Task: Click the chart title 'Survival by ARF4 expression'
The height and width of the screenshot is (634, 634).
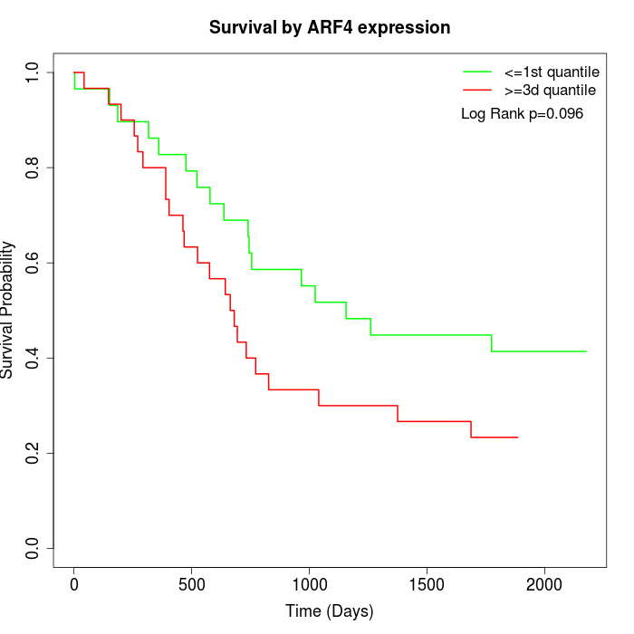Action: point(330,28)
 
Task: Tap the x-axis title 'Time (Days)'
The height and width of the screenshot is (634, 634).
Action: point(329,611)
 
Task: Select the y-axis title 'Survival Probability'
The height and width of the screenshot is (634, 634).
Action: point(8,310)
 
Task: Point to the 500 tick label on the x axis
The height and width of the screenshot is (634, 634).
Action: point(192,584)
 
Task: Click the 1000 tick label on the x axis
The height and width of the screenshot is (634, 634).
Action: point(309,584)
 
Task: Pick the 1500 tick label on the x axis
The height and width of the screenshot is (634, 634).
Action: point(427,584)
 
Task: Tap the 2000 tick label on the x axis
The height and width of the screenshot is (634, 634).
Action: point(544,584)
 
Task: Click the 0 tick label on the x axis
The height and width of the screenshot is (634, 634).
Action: point(74,584)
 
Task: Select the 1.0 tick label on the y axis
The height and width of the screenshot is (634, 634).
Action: point(32,72)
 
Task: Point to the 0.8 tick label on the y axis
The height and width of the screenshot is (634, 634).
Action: point(32,168)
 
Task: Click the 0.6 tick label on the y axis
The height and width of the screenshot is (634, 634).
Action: point(32,263)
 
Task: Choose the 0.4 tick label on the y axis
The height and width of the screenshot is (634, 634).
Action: point(32,358)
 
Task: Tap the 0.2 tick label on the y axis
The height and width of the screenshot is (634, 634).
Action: point(32,453)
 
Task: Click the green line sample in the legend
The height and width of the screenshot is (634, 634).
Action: point(477,71)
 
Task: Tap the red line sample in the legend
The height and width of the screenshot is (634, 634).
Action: point(477,90)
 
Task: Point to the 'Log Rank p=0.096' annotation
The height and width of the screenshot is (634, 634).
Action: point(522,114)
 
